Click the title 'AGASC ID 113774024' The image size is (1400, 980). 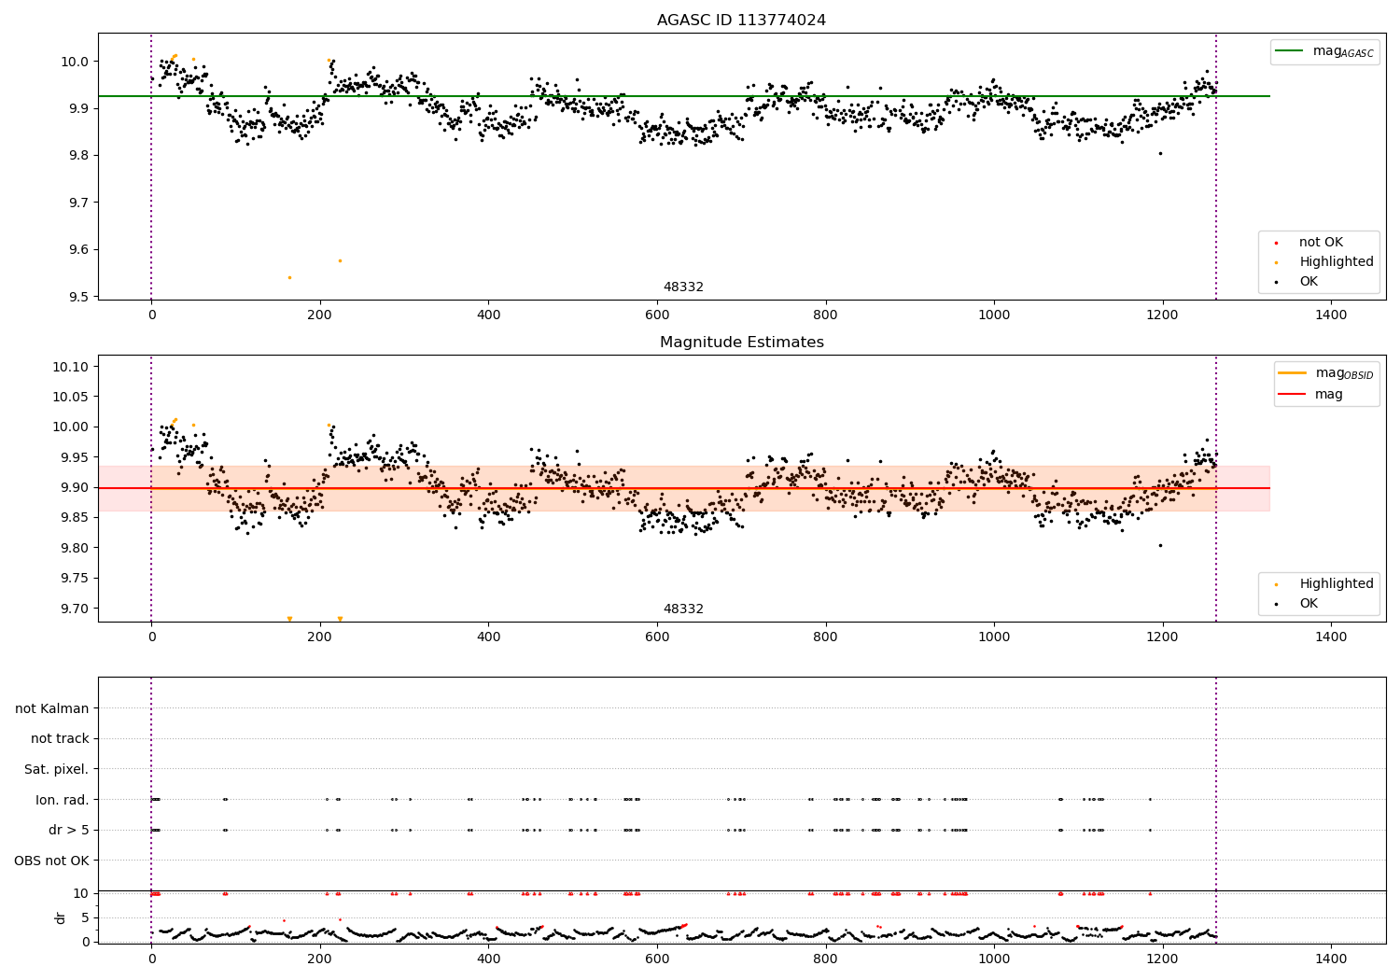741,21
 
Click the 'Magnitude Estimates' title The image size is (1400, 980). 741,343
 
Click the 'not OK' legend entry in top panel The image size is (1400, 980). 1320,243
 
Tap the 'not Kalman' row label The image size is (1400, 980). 52,708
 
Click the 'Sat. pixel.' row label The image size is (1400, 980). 56,769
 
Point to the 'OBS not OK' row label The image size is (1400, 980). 51,861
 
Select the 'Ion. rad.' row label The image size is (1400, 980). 62,800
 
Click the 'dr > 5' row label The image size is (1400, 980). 68,830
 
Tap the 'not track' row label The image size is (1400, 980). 60,739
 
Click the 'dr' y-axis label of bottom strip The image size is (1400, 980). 61,917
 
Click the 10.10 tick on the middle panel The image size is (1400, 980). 70,367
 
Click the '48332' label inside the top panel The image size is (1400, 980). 683,287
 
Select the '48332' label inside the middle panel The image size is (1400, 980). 683,609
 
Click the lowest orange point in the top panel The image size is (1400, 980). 289,277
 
